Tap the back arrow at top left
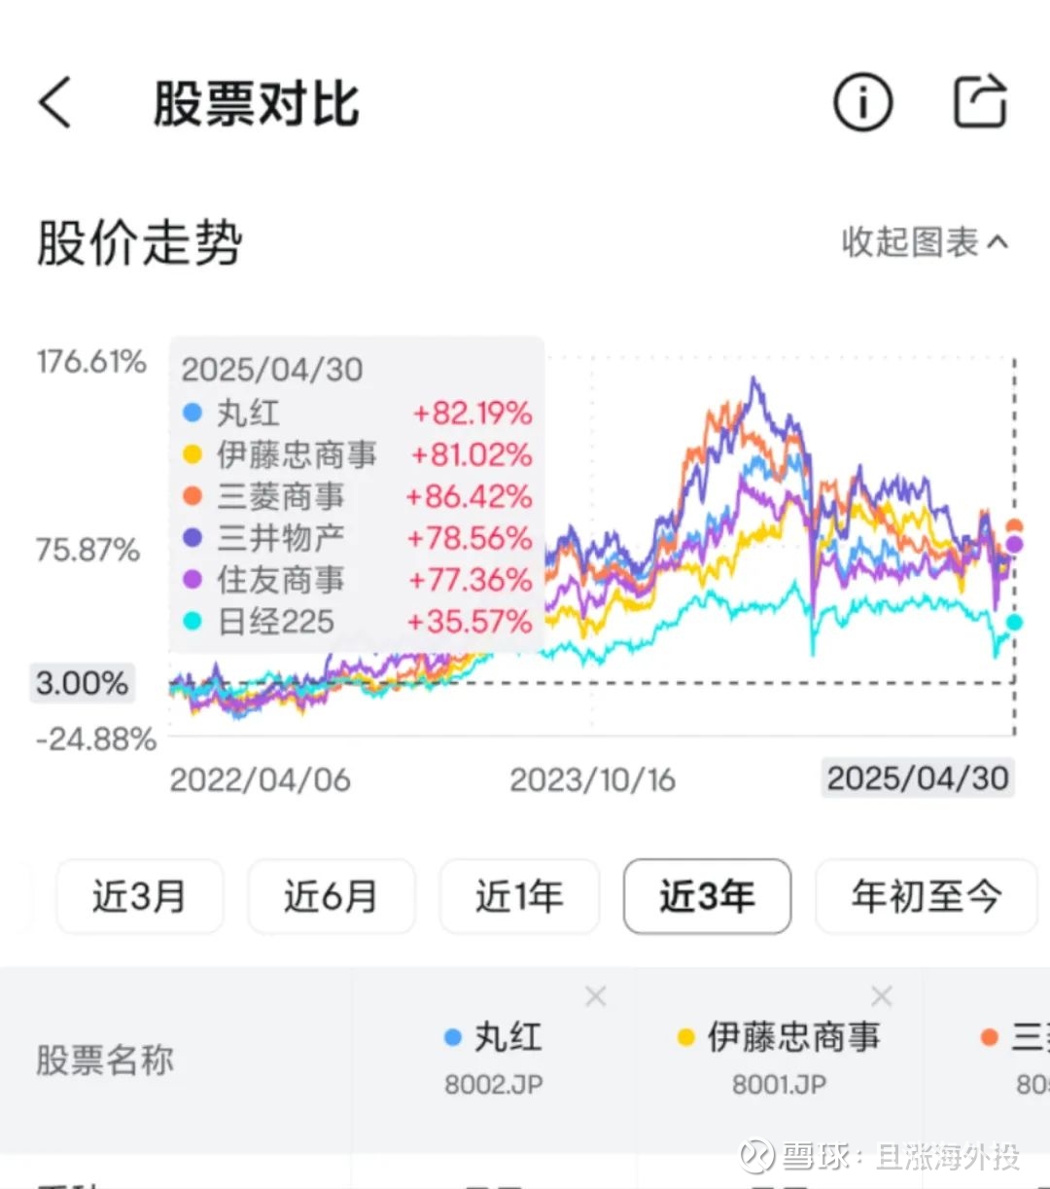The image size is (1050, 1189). point(55,102)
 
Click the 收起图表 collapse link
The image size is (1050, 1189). point(924,242)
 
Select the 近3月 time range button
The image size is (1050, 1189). point(140,896)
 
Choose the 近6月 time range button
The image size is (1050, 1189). point(331,896)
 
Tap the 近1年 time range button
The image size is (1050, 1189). point(519,896)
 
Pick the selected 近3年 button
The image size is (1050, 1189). point(707,896)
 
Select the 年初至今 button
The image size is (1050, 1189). point(926,896)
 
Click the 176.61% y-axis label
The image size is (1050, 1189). point(91,362)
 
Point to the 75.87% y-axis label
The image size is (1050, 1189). point(88,550)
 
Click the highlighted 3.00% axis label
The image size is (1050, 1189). point(83,683)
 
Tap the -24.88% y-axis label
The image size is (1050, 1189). point(96,739)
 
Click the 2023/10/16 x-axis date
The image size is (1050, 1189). point(592,779)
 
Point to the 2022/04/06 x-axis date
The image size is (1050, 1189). point(260,779)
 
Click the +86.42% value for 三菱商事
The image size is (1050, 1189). point(469,496)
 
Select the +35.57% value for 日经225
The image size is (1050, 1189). point(469,622)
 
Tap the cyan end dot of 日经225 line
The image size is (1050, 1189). point(1014,623)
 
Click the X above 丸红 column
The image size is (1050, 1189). point(596,995)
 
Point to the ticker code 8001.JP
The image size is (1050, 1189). point(779,1084)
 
